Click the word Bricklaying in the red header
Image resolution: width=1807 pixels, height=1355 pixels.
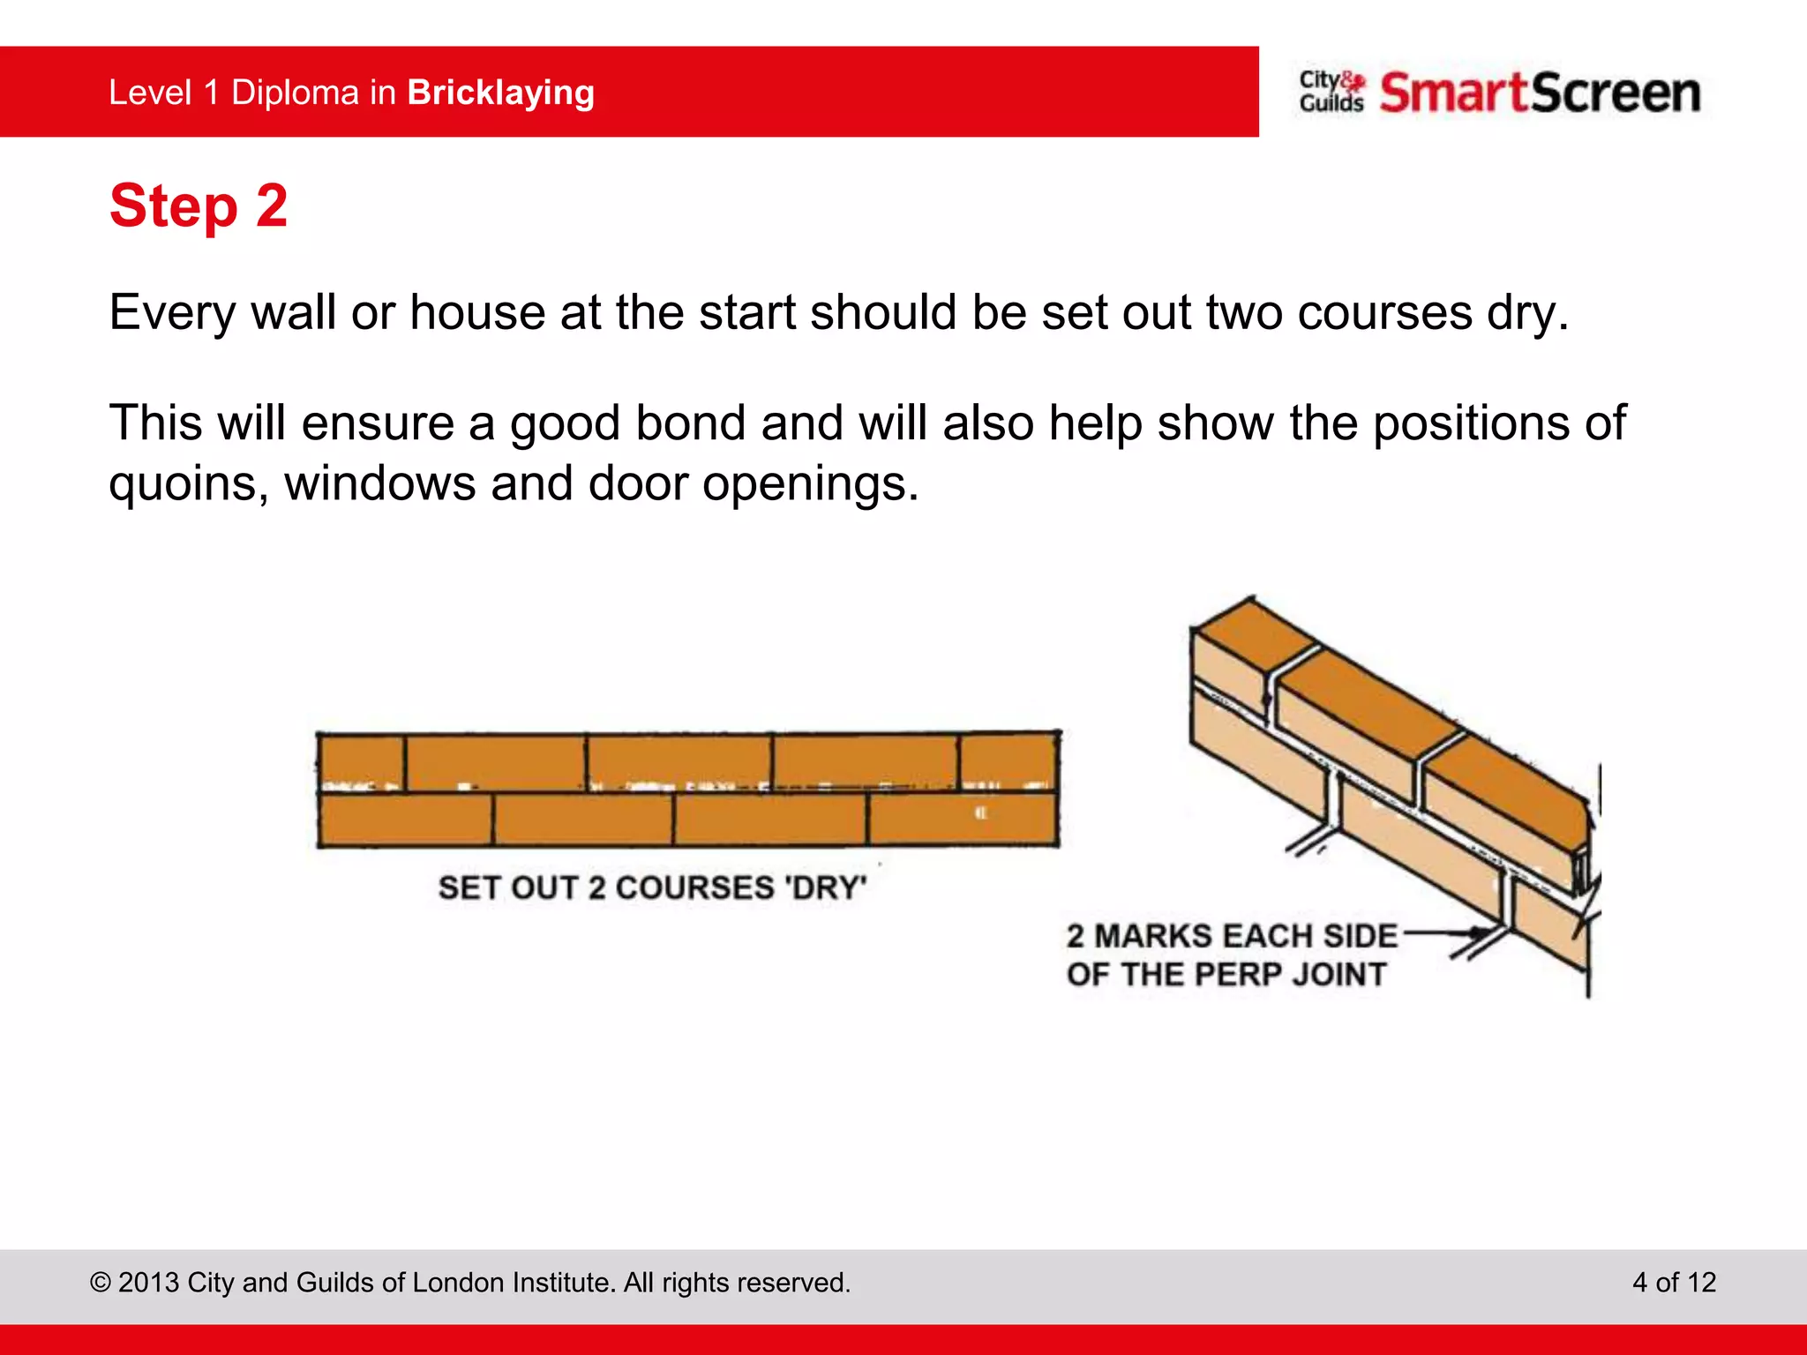500,93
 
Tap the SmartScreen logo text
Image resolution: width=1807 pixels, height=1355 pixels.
1540,93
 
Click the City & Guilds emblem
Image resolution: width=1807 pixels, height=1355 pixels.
1331,92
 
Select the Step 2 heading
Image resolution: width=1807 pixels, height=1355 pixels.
199,206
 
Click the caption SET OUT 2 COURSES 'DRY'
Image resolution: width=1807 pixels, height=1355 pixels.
652,887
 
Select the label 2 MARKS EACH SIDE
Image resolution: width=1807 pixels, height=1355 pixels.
1232,936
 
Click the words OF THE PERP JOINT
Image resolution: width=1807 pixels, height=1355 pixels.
1226,975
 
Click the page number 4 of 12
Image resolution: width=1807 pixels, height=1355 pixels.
1674,1282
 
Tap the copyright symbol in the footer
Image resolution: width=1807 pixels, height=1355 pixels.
101,1283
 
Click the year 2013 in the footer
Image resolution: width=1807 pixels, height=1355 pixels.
148,1283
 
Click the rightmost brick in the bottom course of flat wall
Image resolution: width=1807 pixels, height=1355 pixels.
963,820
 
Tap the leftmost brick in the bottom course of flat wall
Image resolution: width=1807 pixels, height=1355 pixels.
405,820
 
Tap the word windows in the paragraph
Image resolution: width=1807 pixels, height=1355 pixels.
379,484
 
